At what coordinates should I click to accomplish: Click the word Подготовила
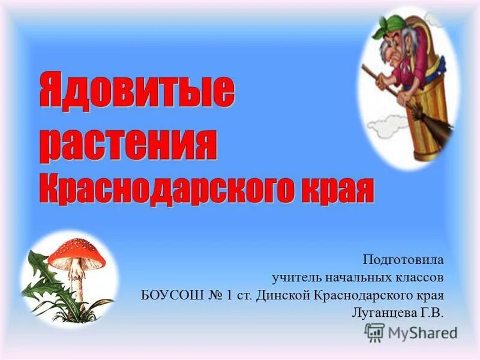pyautogui.click(x=403, y=260)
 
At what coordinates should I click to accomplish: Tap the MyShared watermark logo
pyautogui.click(x=411, y=332)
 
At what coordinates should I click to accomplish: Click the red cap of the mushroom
pyautogui.click(x=76, y=253)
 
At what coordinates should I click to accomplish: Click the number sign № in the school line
pyautogui.click(x=213, y=295)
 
